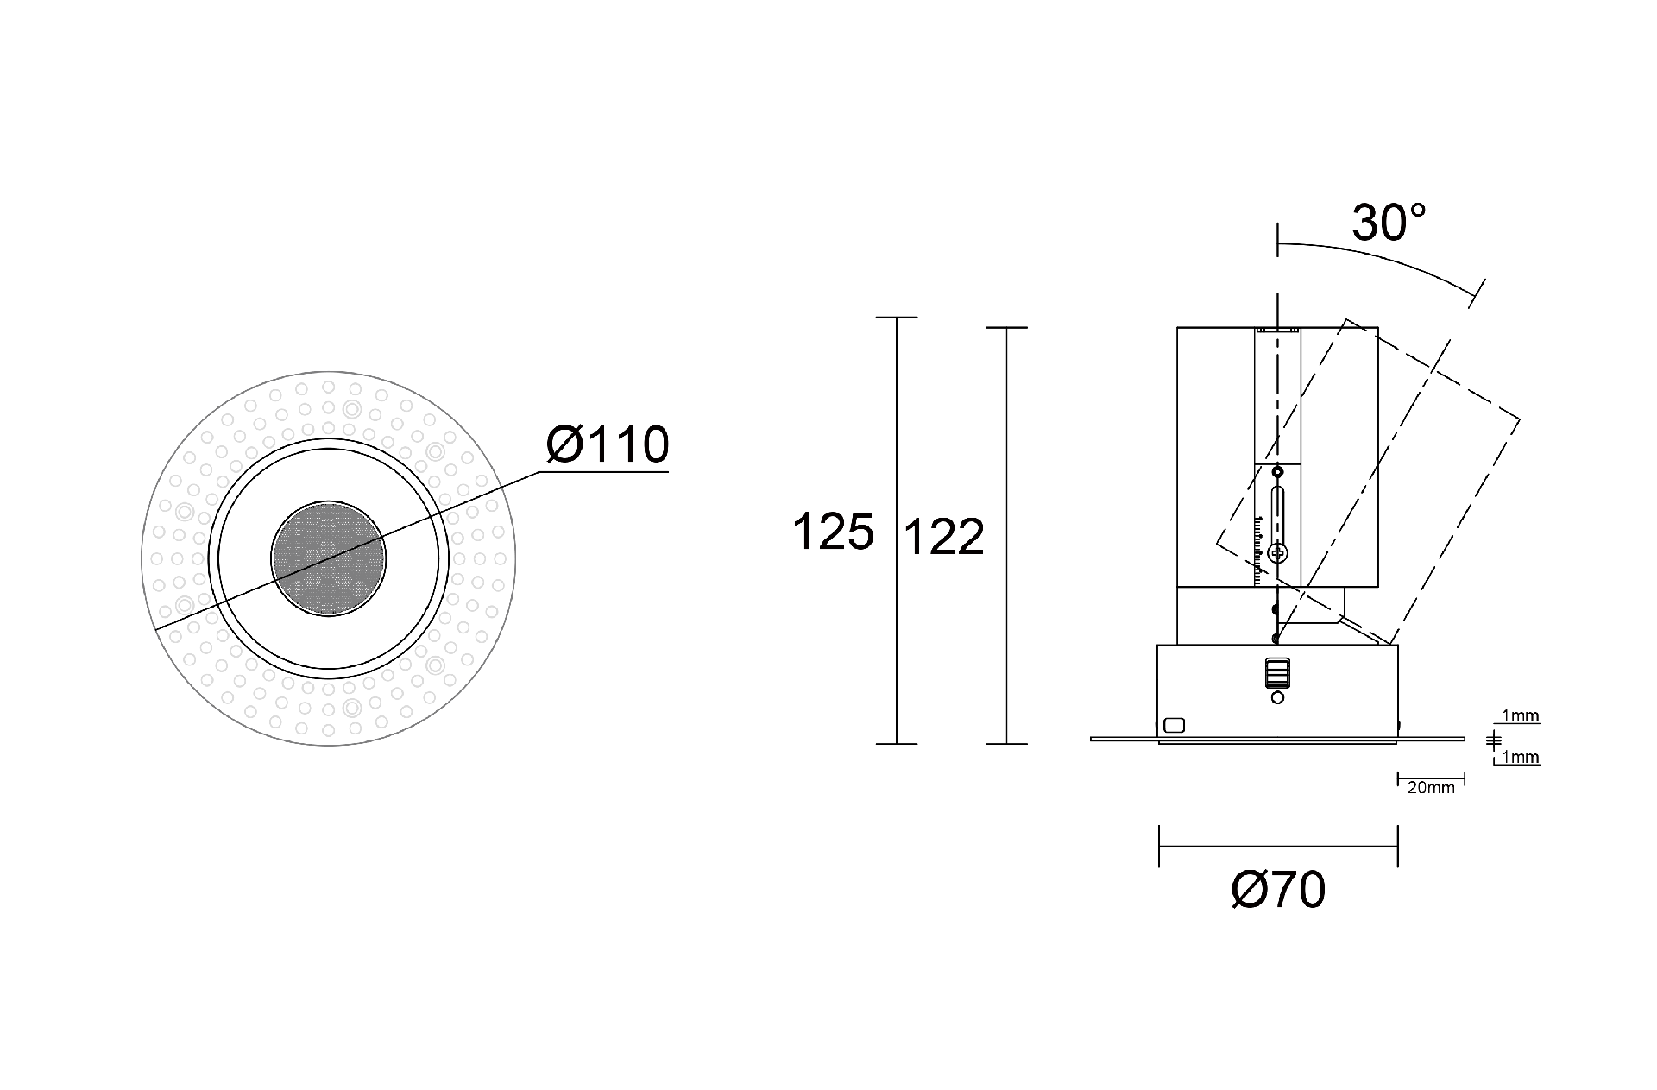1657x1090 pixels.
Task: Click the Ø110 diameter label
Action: click(608, 444)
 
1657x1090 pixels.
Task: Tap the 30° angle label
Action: click(1389, 223)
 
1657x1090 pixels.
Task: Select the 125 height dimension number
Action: click(833, 532)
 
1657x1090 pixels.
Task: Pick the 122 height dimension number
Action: click(943, 538)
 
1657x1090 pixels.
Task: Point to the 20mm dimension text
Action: click(1430, 788)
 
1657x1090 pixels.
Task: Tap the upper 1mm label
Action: click(1521, 715)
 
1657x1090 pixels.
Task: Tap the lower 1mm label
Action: click(1521, 758)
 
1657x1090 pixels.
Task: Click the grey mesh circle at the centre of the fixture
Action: click(328, 558)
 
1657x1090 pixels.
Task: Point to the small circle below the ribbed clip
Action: click(1277, 697)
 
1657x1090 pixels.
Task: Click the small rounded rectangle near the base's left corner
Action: click(1174, 726)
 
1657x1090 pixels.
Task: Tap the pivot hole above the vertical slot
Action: click(1277, 472)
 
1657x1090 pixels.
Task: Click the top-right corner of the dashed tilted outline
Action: click(1519, 420)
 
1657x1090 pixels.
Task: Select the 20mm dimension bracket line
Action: click(1430, 778)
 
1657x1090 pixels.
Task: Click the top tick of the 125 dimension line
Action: click(897, 318)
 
